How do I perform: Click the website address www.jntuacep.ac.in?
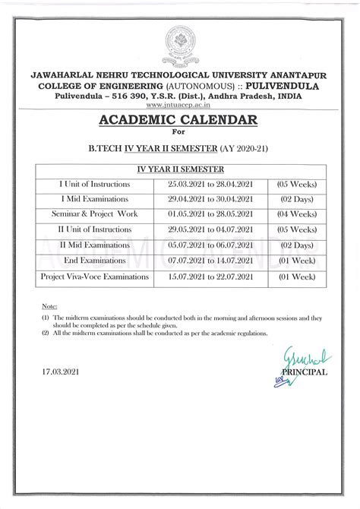click(180, 104)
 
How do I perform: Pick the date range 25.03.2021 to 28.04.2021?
click(213, 184)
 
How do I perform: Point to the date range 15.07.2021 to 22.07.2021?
click(213, 277)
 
